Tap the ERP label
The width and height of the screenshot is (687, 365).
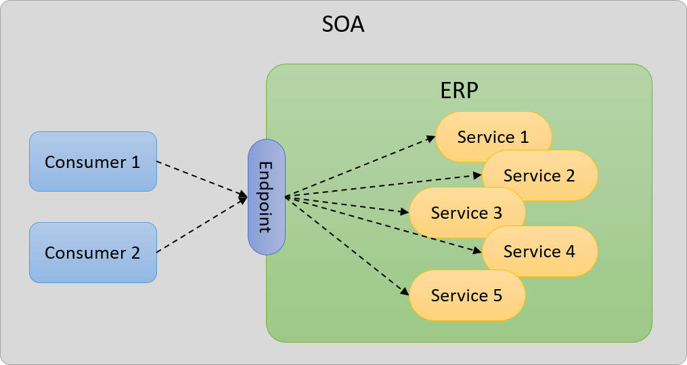[x=459, y=91]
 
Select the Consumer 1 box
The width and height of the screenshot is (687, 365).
[x=93, y=162]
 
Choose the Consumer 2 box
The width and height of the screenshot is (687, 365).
[x=93, y=253]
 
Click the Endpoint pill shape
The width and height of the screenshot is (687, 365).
[x=267, y=197]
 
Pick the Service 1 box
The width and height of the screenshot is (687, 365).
[x=493, y=137]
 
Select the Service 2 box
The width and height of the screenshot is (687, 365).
[x=539, y=175]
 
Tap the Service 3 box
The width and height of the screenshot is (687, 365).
[x=466, y=213]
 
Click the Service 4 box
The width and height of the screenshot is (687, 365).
[x=539, y=251]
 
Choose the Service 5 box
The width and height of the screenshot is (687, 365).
[x=466, y=295]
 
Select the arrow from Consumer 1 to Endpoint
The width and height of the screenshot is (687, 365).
[x=202, y=179]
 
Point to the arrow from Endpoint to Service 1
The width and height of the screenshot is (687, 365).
[x=359, y=167]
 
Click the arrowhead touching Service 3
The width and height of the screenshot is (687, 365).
[x=404, y=213]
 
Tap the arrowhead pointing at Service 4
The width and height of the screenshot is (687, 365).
[x=477, y=251]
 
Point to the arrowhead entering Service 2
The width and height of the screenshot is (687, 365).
[x=477, y=175]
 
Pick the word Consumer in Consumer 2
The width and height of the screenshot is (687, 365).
[x=81, y=253]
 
